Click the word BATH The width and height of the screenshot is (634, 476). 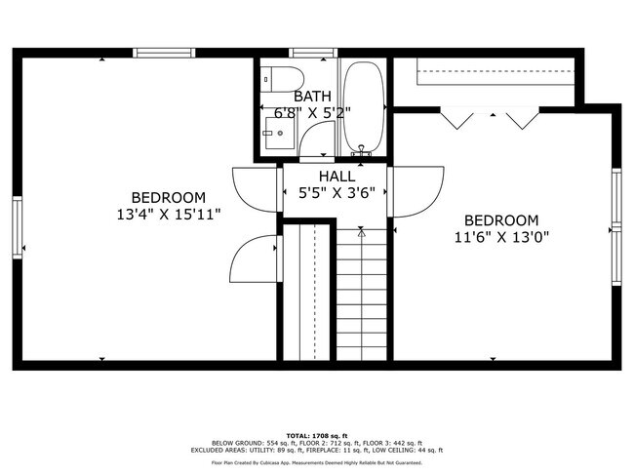point(312,96)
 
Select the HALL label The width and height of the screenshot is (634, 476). point(337,177)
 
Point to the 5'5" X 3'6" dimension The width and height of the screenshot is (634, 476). point(337,192)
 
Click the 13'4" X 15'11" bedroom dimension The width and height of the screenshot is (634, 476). point(168,213)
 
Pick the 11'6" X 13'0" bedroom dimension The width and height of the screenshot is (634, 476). point(500,236)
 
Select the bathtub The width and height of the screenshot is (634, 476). point(364,107)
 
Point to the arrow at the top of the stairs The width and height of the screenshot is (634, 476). point(362,233)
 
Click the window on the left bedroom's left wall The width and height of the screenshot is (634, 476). point(16,228)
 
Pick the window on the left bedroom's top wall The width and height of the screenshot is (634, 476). point(164,53)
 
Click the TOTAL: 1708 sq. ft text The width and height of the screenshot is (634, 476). point(316,434)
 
